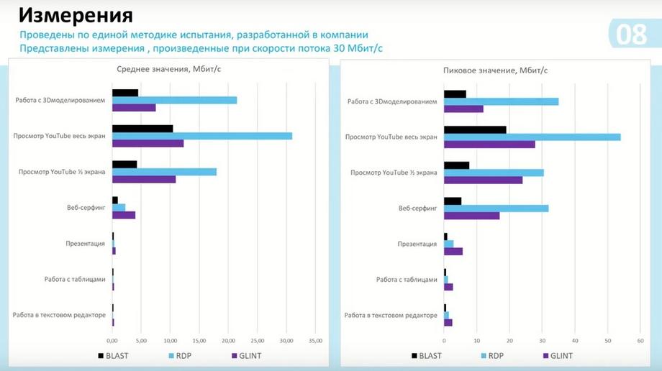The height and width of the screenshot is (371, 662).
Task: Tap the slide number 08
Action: (x=631, y=35)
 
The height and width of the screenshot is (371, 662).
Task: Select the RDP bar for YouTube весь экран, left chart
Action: (x=202, y=136)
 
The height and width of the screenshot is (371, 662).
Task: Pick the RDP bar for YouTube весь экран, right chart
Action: (x=532, y=137)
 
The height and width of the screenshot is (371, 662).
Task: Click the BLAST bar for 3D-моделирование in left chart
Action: (x=125, y=93)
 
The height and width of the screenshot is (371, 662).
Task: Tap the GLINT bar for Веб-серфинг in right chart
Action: (x=471, y=216)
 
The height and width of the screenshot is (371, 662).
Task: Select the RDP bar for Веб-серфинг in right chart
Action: (x=496, y=209)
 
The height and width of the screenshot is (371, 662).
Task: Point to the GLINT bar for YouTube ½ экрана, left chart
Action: (x=144, y=179)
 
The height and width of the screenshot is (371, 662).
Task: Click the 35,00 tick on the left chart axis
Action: (x=314, y=340)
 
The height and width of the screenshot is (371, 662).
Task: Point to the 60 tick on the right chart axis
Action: (x=640, y=340)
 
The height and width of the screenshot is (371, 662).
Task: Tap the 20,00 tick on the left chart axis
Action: (x=228, y=340)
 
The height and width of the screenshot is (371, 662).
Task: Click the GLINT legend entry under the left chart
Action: (x=248, y=355)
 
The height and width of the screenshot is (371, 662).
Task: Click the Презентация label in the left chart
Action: (x=86, y=243)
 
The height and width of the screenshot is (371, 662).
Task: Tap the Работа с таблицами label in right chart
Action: (x=407, y=279)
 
